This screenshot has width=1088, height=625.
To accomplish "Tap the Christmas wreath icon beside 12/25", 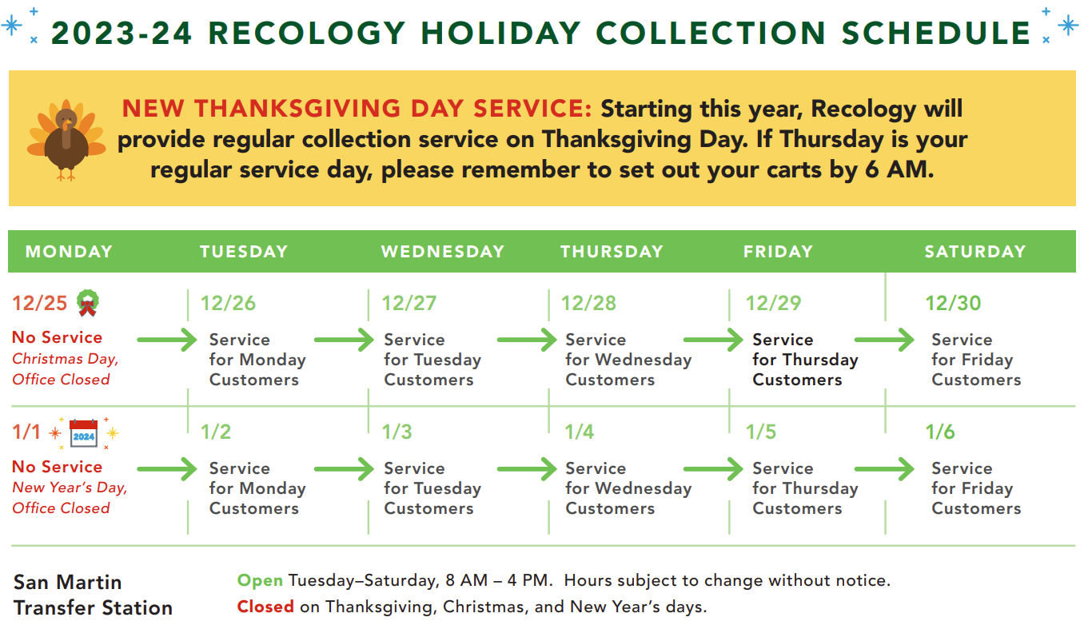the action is [x=88, y=303].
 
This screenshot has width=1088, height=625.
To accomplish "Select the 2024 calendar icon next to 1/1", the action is [x=84, y=433].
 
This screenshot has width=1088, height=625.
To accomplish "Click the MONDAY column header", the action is [x=69, y=252].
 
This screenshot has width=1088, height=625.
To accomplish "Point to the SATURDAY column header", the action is [x=975, y=252].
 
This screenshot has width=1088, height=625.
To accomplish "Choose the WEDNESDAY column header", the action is [x=443, y=252].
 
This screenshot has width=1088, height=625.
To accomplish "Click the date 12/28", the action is [x=588, y=304].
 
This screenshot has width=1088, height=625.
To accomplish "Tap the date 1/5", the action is [x=761, y=432].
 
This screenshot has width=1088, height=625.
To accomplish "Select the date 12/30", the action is [x=953, y=304].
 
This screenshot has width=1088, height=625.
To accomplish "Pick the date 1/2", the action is [x=216, y=432].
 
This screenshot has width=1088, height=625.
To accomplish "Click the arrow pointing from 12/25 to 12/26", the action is [x=167, y=340].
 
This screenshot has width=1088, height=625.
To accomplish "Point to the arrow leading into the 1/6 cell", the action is [x=884, y=468].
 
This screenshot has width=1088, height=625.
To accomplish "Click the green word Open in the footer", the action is [x=260, y=581].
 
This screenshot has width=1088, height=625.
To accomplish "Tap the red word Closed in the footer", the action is [x=265, y=607].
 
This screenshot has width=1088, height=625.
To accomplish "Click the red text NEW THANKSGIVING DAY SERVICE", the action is [x=357, y=108].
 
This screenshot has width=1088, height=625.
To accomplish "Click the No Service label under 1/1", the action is [x=58, y=467].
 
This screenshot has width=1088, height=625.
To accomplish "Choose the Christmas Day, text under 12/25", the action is [x=66, y=359].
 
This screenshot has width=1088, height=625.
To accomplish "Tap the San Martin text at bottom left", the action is [x=67, y=583].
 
